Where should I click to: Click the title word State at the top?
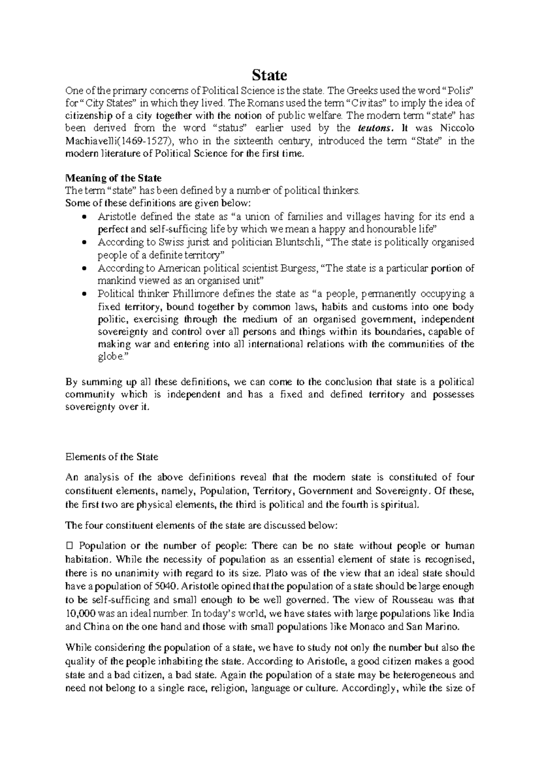click(x=269, y=75)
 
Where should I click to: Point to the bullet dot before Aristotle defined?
click(x=85, y=217)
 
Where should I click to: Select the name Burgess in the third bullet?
click(x=299, y=269)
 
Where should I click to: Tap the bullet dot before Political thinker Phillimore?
click(x=85, y=295)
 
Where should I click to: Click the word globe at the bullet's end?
click(x=109, y=357)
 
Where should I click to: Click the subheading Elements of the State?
click(x=112, y=457)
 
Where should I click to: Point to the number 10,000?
click(x=79, y=613)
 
